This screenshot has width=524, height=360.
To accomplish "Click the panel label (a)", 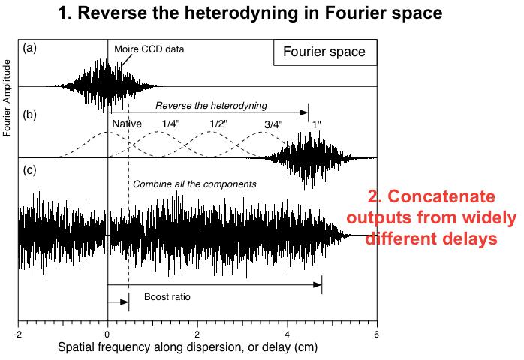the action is pyautogui.click(x=29, y=49).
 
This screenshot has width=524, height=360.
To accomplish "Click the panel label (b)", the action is pyautogui.click(x=29, y=115).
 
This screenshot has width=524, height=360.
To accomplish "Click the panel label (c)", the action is pyautogui.click(x=29, y=170).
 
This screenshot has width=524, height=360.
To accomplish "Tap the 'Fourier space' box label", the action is pyautogui.click(x=324, y=52).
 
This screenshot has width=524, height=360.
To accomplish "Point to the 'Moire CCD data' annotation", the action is pyautogui.click(x=149, y=49).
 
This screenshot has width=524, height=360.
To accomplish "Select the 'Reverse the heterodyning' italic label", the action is pyautogui.click(x=211, y=106).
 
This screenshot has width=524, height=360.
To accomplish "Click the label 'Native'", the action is pyautogui.click(x=127, y=124).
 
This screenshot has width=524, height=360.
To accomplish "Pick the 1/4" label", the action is pyautogui.click(x=170, y=124).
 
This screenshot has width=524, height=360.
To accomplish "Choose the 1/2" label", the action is pyautogui.click(x=218, y=124).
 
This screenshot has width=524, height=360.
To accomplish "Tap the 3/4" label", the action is pyautogui.click(x=273, y=124).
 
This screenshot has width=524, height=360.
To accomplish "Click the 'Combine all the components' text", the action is pyautogui.click(x=194, y=184).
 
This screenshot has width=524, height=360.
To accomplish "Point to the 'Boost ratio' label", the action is pyautogui.click(x=167, y=297).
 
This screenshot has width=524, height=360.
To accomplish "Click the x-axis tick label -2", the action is pyautogui.click(x=17, y=334).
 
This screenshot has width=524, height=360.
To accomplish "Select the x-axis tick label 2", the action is pyautogui.click(x=197, y=334).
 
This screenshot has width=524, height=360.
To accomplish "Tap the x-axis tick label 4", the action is pyautogui.click(x=288, y=334).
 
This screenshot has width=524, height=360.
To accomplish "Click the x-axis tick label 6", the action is pyautogui.click(x=377, y=334).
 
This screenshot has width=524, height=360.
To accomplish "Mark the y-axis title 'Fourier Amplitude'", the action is pyautogui.click(x=7, y=97).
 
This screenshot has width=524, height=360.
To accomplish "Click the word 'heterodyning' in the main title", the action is pyautogui.click(x=241, y=13).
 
